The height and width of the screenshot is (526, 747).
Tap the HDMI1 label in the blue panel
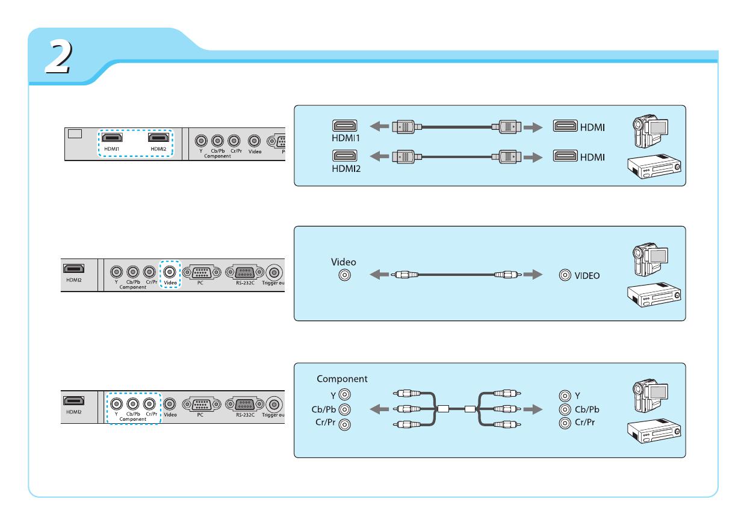click(x=345, y=138)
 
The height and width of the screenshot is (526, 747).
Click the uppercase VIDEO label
click(x=587, y=276)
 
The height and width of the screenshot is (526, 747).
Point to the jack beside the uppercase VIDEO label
click(x=565, y=275)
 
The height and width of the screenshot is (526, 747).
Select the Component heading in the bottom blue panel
click(x=342, y=379)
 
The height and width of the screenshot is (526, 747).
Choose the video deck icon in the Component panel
click(x=654, y=432)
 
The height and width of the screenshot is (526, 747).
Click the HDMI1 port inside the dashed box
click(x=113, y=138)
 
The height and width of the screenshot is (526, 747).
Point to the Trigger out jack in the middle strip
click(x=275, y=271)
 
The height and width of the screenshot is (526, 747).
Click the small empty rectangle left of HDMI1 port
click(x=75, y=133)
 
